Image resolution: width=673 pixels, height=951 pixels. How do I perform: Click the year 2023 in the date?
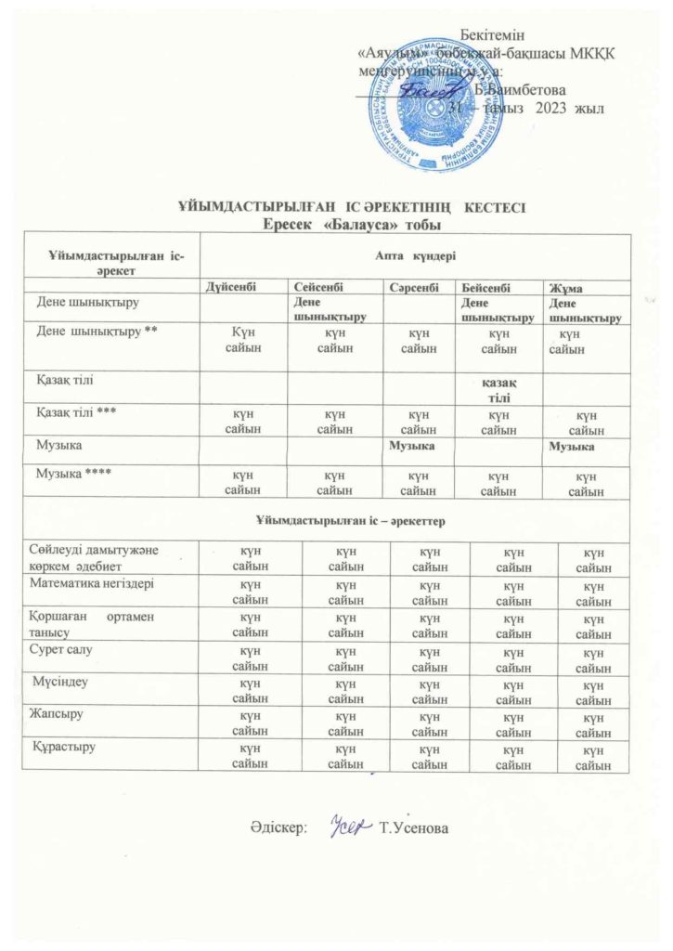542,109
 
